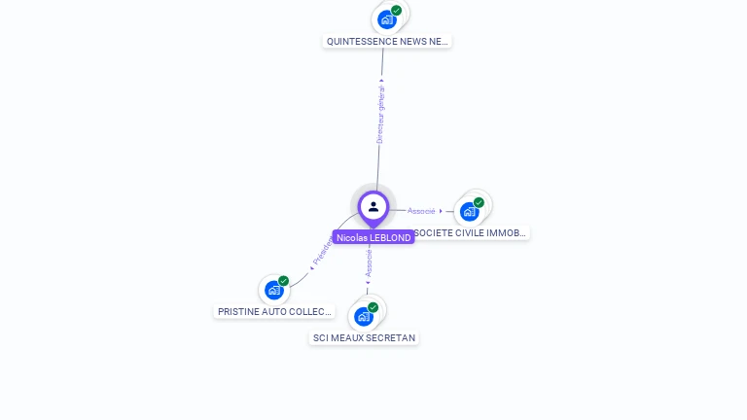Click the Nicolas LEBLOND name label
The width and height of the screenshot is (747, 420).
click(373, 237)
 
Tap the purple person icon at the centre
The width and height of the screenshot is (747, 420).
click(373, 206)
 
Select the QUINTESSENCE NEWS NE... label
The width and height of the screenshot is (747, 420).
click(387, 42)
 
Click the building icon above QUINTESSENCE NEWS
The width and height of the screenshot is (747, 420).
click(387, 19)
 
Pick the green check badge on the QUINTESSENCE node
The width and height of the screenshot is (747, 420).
click(397, 10)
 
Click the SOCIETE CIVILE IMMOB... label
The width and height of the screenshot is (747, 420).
click(471, 233)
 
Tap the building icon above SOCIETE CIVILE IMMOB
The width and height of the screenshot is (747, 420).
click(470, 211)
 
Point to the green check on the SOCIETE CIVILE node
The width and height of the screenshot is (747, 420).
click(479, 202)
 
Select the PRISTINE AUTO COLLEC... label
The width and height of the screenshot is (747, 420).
click(267, 312)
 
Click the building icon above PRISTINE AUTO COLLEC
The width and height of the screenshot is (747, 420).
click(274, 290)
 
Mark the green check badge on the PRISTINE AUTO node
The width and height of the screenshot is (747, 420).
click(283, 281)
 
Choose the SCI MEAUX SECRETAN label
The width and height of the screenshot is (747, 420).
click(364, 338)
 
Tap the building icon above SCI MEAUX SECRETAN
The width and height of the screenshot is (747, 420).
click(364, 316)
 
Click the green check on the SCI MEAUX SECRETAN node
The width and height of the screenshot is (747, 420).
click(373, 307)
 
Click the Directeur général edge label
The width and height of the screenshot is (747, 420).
click(380, 115)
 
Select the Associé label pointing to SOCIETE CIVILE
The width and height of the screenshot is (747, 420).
click(422, 211)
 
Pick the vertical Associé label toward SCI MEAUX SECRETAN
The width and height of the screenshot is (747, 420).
click(369, 262)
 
